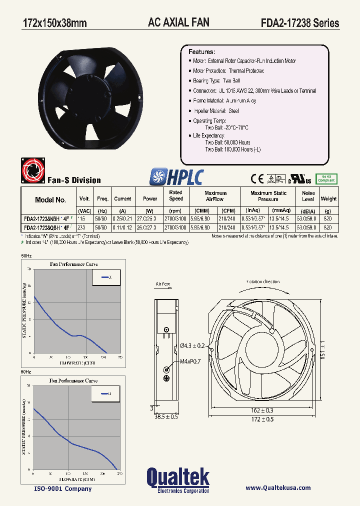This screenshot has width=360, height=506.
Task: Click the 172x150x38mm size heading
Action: (55, 23)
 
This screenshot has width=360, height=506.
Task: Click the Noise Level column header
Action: (308, 196)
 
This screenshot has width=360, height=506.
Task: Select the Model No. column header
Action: (50, 200)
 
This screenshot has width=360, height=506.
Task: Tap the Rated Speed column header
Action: (175, 195)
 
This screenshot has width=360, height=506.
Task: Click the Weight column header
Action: (328, 199)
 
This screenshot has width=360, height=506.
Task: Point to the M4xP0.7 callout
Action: (187, 361)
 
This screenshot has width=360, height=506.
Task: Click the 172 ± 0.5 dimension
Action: (262, 419)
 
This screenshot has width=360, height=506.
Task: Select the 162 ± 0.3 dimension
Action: (262, 410)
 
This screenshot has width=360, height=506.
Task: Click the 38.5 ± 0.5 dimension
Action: (166, 416)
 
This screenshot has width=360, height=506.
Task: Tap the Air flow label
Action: (163, 284)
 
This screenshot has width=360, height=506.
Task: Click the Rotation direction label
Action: (263, 281)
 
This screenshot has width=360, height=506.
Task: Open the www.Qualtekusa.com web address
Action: (278, 488)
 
